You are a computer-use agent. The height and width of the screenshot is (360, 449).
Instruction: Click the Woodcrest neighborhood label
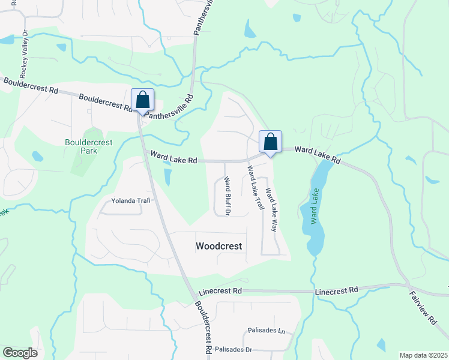219,246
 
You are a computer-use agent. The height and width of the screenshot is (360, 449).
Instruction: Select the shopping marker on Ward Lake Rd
271,142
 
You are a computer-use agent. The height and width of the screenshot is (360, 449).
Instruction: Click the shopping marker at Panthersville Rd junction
143,100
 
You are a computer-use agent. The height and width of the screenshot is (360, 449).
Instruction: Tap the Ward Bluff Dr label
228,196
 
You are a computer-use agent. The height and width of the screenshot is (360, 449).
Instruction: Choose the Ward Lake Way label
271,211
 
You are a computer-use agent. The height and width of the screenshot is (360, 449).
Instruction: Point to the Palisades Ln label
265,331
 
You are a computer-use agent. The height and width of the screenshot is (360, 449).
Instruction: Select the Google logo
20,353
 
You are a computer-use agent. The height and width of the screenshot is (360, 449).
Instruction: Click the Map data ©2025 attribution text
423,355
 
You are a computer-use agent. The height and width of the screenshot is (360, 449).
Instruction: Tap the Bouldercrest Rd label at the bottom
202,327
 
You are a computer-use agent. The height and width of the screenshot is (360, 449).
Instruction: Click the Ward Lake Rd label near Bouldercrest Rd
174,158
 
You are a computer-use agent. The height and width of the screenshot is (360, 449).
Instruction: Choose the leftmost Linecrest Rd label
220,291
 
